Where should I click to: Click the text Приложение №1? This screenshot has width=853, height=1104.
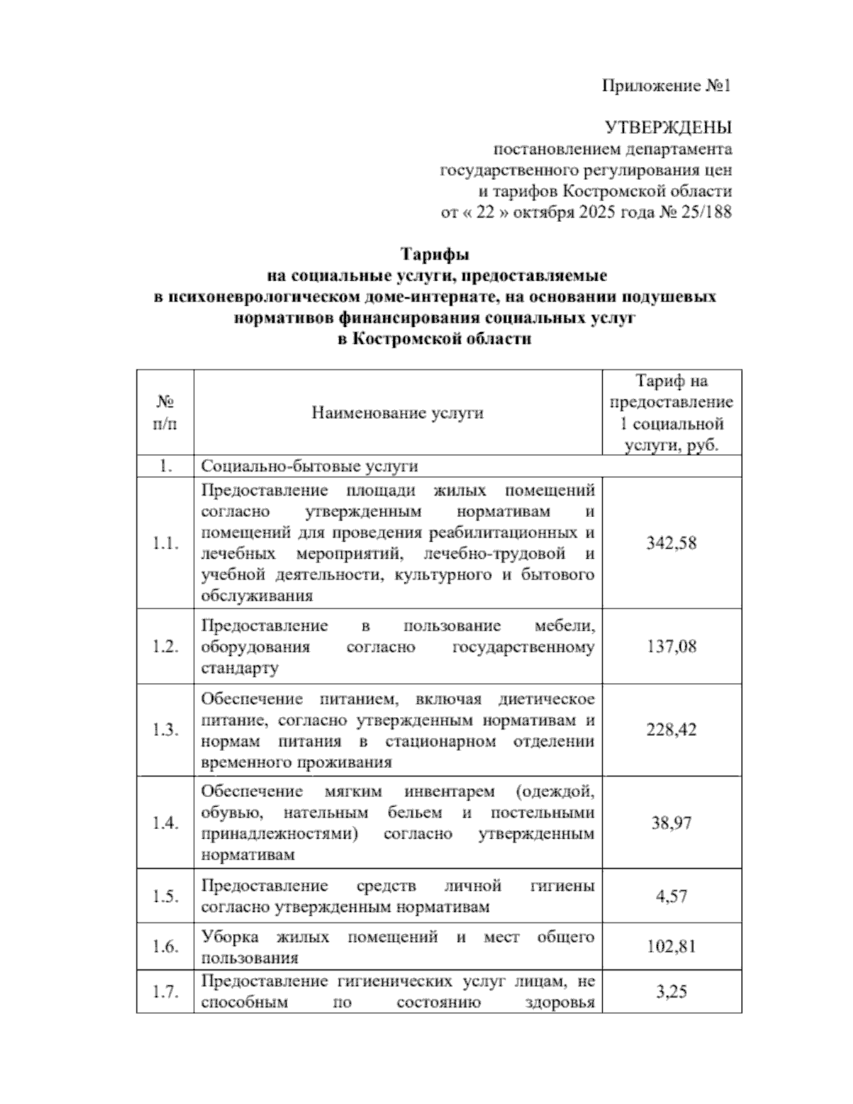(666, 86)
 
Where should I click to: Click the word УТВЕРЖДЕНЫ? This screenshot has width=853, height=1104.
(667, 128)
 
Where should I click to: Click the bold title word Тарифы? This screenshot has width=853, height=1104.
(435, 254)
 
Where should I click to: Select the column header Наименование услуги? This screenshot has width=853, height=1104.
(397, 412)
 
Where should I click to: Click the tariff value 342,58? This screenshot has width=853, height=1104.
(671, 543)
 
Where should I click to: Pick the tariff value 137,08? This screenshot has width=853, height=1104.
(671, 646)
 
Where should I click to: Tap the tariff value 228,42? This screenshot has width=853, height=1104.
(671, 729)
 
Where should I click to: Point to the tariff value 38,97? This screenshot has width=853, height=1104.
(671, 822)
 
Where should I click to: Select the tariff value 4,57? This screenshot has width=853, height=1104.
(671, 896)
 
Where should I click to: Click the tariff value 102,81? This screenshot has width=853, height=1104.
(671, 946)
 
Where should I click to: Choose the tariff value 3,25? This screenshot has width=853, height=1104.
(671, 991)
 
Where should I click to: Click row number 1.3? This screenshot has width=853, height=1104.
(165, 730)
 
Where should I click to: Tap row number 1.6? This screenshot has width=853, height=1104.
(165, 947)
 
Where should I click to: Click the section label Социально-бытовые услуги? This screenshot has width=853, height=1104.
(309, 466)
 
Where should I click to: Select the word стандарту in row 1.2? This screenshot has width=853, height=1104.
(240, 668)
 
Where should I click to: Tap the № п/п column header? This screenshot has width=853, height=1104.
(165, 412)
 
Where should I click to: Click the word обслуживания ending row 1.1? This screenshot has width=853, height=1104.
(257, 596)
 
